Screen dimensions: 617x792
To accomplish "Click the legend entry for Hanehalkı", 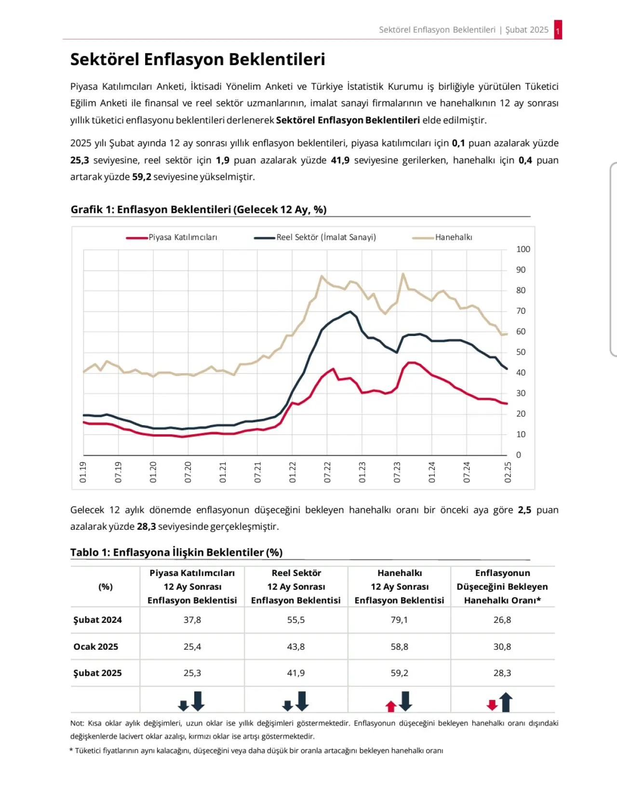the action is click(442, 237).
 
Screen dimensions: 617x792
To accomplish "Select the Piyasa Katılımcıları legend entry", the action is click(172, 237).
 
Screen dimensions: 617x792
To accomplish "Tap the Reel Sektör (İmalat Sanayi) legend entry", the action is click(315, 237).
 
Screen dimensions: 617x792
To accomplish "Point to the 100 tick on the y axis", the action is click(523, 249).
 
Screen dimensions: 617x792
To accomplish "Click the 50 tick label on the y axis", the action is click(521, 352).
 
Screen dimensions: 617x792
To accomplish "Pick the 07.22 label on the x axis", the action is click(327, 472).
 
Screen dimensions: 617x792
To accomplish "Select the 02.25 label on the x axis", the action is click(508, 472).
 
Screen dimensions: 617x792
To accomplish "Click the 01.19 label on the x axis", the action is click(83, 472).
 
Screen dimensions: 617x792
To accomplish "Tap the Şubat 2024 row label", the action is click(97, 620).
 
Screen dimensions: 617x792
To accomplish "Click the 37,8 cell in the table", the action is click(192, 620).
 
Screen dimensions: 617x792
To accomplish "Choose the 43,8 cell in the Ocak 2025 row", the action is click(295, 646).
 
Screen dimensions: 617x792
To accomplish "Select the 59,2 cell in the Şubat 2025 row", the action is click(400, 673).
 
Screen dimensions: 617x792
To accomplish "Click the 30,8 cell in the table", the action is click(502, 646).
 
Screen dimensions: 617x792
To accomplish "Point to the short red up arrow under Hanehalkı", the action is click(390, 706).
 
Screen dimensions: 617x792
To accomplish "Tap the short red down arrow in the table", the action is click(492, 705).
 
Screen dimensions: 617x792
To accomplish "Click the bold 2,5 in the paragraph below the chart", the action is click(524, 510).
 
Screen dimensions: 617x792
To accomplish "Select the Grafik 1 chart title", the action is click(199, 210).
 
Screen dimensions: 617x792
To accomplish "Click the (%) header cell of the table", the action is click(105, 587).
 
